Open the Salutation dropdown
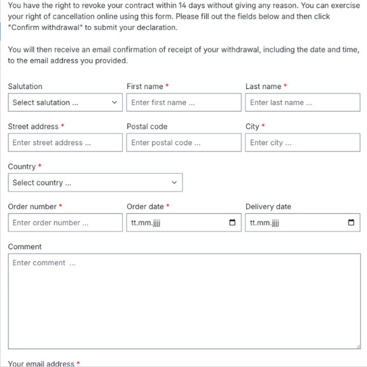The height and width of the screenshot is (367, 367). [x=65, y=102]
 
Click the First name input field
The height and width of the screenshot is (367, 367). [x=183, y=102]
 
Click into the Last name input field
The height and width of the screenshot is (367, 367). [x=302, y=102]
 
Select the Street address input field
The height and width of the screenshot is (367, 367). [x=65, y=142]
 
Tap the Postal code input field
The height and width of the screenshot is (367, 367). [x=183, y=142]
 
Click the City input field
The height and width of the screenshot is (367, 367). [x=302, y=142]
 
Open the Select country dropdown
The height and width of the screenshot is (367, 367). [x=95, y=183]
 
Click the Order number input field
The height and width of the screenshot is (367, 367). [x=65, y=223]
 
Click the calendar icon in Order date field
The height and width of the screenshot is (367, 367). [x=232, y=223]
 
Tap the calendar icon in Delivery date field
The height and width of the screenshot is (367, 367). [x=351, y=223]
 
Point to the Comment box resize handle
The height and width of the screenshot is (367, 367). [x=357, y=346]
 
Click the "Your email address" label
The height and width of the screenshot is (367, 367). [x=41, y=363]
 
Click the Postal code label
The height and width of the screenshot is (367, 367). [x=147, y=127]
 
